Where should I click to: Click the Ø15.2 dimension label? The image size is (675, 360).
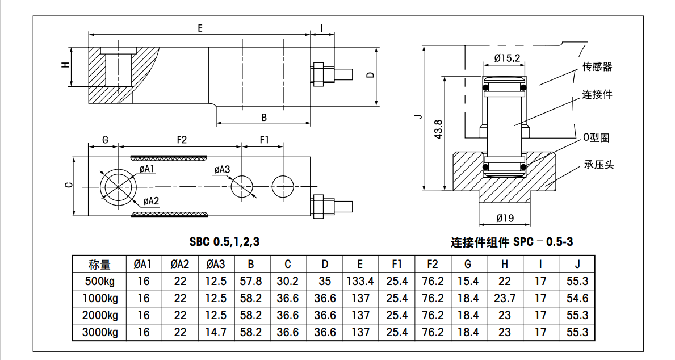point(507,58)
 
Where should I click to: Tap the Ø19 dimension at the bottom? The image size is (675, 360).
point(505,218)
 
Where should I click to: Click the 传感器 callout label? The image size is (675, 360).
point(597,67)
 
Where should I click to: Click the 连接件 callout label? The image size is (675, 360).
point(597,95)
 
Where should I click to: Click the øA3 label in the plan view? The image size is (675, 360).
point(223,170)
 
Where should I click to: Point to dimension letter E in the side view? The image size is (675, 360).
point(200,28)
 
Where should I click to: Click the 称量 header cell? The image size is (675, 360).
point(99,264)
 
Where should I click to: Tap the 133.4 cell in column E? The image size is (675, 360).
point(360,281)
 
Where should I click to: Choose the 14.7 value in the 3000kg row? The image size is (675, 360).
point(216,332)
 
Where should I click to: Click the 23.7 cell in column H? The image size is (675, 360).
point(505,298)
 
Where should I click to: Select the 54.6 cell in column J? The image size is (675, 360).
point(577,298)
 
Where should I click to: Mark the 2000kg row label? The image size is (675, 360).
point(100,315)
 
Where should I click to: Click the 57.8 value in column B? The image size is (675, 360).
point(251,281)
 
